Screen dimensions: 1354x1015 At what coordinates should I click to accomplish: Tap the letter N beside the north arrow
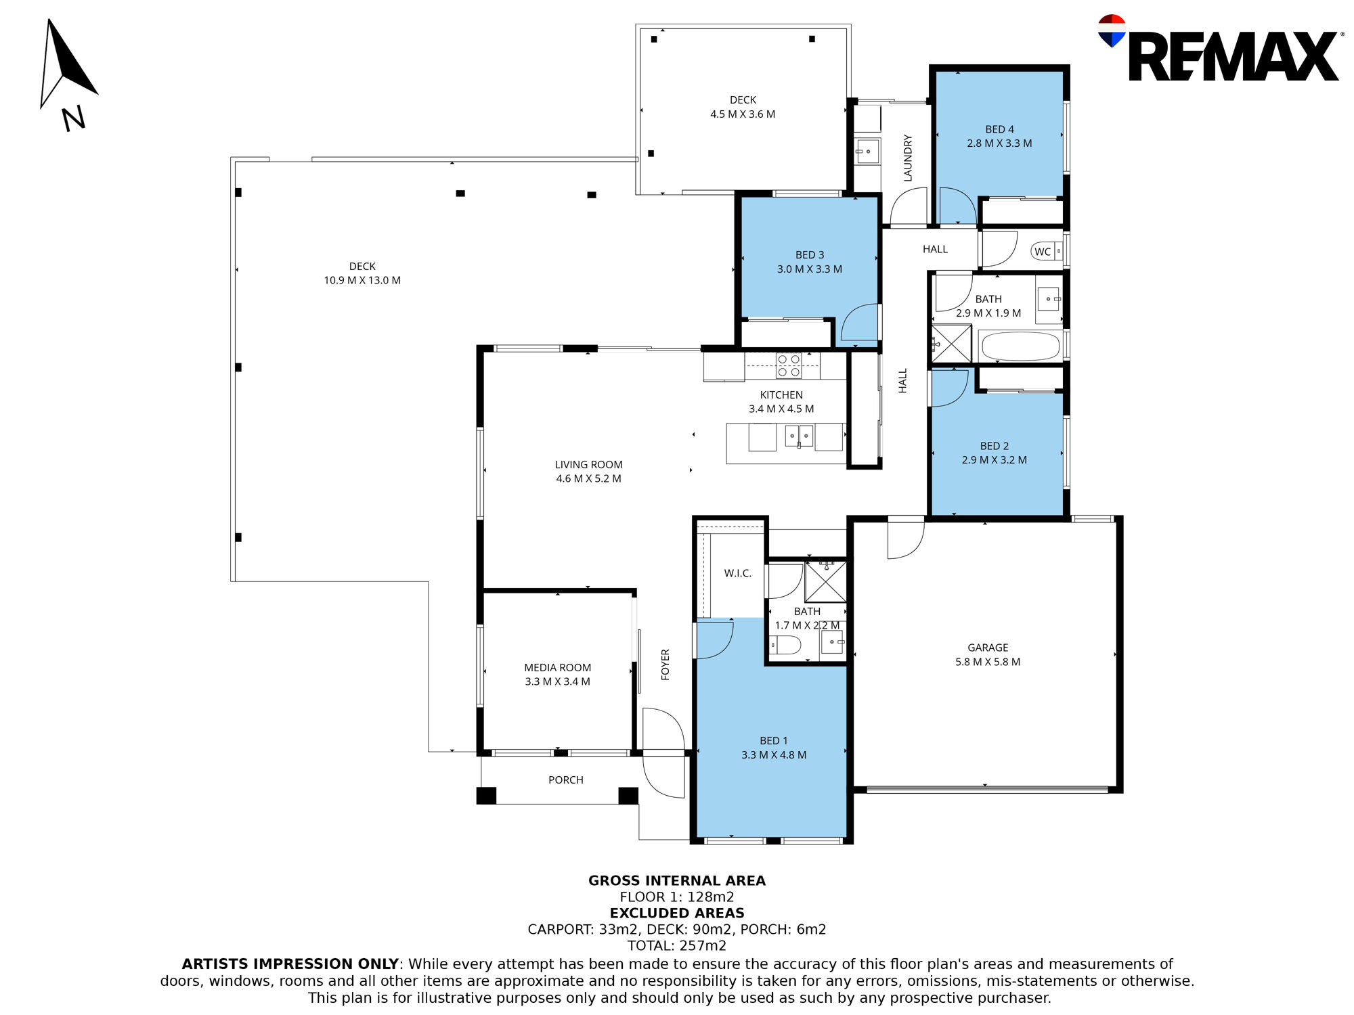coord(74,118)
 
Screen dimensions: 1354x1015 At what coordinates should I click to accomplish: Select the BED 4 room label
coord(999,129)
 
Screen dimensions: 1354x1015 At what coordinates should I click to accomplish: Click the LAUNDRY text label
coord(908,158)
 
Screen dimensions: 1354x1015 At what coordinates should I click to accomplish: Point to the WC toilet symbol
coord(1047,252)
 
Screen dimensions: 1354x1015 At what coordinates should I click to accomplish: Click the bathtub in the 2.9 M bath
coord(1020,346)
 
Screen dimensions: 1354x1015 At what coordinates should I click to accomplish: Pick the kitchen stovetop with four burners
coord(789,365)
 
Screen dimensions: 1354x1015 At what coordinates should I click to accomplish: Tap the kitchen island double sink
coord(799,436)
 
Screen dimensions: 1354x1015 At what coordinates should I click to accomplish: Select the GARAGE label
coord(988,648)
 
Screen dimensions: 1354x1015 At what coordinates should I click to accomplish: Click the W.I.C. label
coord(737,573)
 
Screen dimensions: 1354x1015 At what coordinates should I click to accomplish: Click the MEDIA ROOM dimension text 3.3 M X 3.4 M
coord(557,681)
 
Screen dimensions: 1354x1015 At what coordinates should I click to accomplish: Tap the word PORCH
coord(565,780)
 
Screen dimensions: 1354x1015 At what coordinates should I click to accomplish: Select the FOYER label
coord(665,664)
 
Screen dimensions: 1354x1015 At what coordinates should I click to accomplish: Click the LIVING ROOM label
coord(588,464)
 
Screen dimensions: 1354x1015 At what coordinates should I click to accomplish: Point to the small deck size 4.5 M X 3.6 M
coord(743,114)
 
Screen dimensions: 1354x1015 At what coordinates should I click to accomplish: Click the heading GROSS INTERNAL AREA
coord(677,880)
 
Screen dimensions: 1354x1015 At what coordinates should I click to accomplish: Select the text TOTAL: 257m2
coord(677,946)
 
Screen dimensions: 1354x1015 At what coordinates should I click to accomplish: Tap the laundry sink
coord(867,151)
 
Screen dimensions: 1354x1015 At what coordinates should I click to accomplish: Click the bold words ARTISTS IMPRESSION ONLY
coord(290,964)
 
